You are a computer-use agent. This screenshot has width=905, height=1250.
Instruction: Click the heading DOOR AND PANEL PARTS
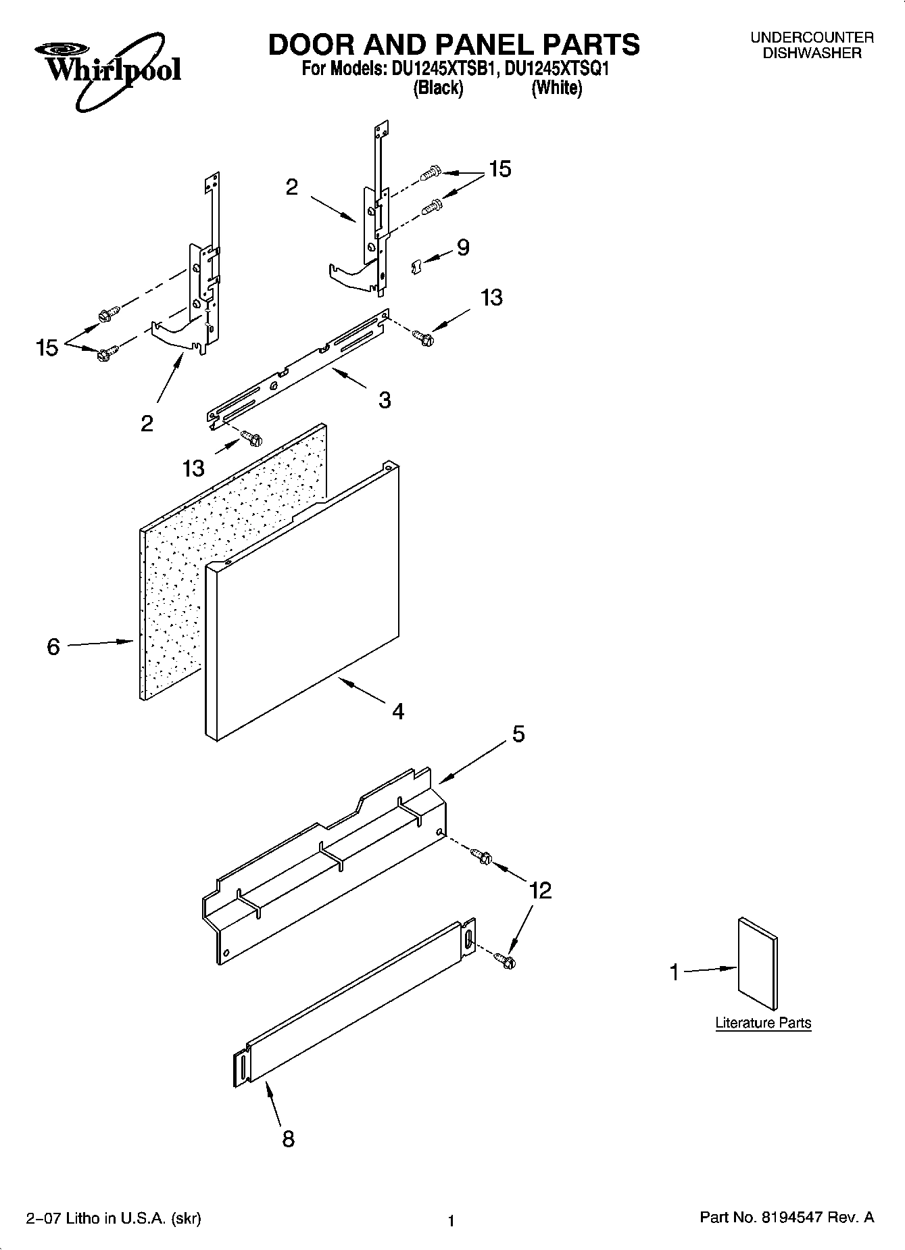(x=454, y=45)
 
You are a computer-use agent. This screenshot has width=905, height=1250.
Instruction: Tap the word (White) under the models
(x=556, y=88)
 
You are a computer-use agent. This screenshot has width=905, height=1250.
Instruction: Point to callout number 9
(x=463, y=247)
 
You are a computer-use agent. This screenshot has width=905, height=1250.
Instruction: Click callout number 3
(x=384, y=400)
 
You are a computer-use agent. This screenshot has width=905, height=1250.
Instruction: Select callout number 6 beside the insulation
(x=53, y=647)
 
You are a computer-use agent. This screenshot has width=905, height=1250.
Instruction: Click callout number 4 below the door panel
(x=398, y=711)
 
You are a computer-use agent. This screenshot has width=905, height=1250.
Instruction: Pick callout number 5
(x=518, y=734)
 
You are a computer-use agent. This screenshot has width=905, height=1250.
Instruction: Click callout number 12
(x=541, y=890)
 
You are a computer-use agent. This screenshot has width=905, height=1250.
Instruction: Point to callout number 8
(x=288, y=1140)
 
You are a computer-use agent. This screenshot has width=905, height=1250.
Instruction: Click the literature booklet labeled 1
(x=757, y=963)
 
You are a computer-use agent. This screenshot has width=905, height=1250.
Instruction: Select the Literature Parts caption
(x=763, y=1023)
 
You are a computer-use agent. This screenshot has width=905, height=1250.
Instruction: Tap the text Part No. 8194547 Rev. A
(x=786, y=1218)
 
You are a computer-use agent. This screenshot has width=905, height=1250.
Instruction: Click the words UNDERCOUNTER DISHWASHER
(x=812, y=45)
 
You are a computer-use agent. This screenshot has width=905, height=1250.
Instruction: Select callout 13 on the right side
(x=491, y=297)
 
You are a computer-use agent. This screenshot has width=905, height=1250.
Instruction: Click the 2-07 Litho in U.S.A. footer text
(x=114, y=1219)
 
